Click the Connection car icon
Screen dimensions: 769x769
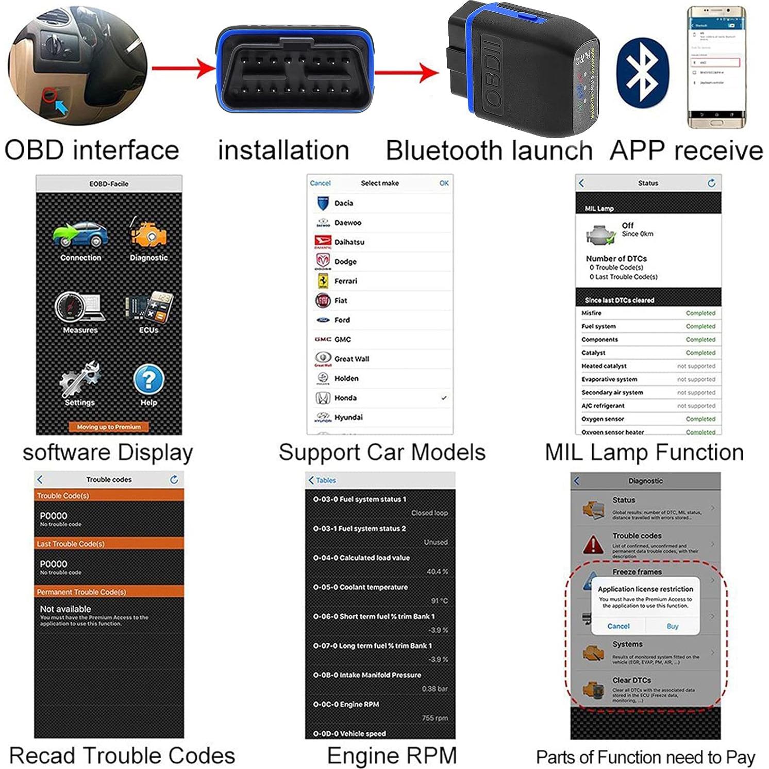tap(80, 235)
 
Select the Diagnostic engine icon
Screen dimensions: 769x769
tap(148, 235)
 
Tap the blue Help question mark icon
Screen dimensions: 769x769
tap(148, 380)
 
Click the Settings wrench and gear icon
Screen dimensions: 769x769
tap(79, 379)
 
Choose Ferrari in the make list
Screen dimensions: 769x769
tap(345, 281)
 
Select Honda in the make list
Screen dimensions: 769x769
tap(345, 398)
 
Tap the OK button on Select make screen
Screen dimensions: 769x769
tap(444, 183)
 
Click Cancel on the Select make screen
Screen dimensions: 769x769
tap(320, 183)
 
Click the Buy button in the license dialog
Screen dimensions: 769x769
tap(672, 626)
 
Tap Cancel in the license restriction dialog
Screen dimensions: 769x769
tap(618, 626)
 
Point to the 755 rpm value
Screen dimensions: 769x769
tap(434, 718)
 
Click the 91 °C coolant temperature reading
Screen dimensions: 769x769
tap(439, 601)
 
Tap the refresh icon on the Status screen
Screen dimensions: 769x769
tap(711, 183)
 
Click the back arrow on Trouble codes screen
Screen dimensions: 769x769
tap(40, 479)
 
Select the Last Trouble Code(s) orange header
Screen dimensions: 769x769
tap(109, 544)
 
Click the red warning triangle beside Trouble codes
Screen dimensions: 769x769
tap(593, 544)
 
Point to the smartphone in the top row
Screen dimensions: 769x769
tap(716, 67)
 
